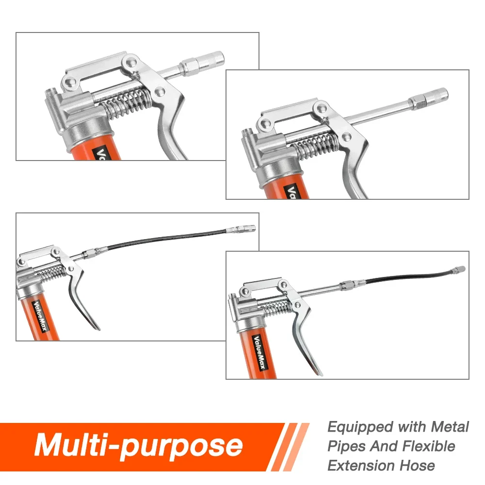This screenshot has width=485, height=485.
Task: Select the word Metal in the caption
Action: point(450,427)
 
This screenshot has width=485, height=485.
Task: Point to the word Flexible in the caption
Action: point(429,446)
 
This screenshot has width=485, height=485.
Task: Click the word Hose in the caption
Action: point(417,465)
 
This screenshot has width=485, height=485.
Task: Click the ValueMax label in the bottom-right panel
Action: point(259,352)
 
